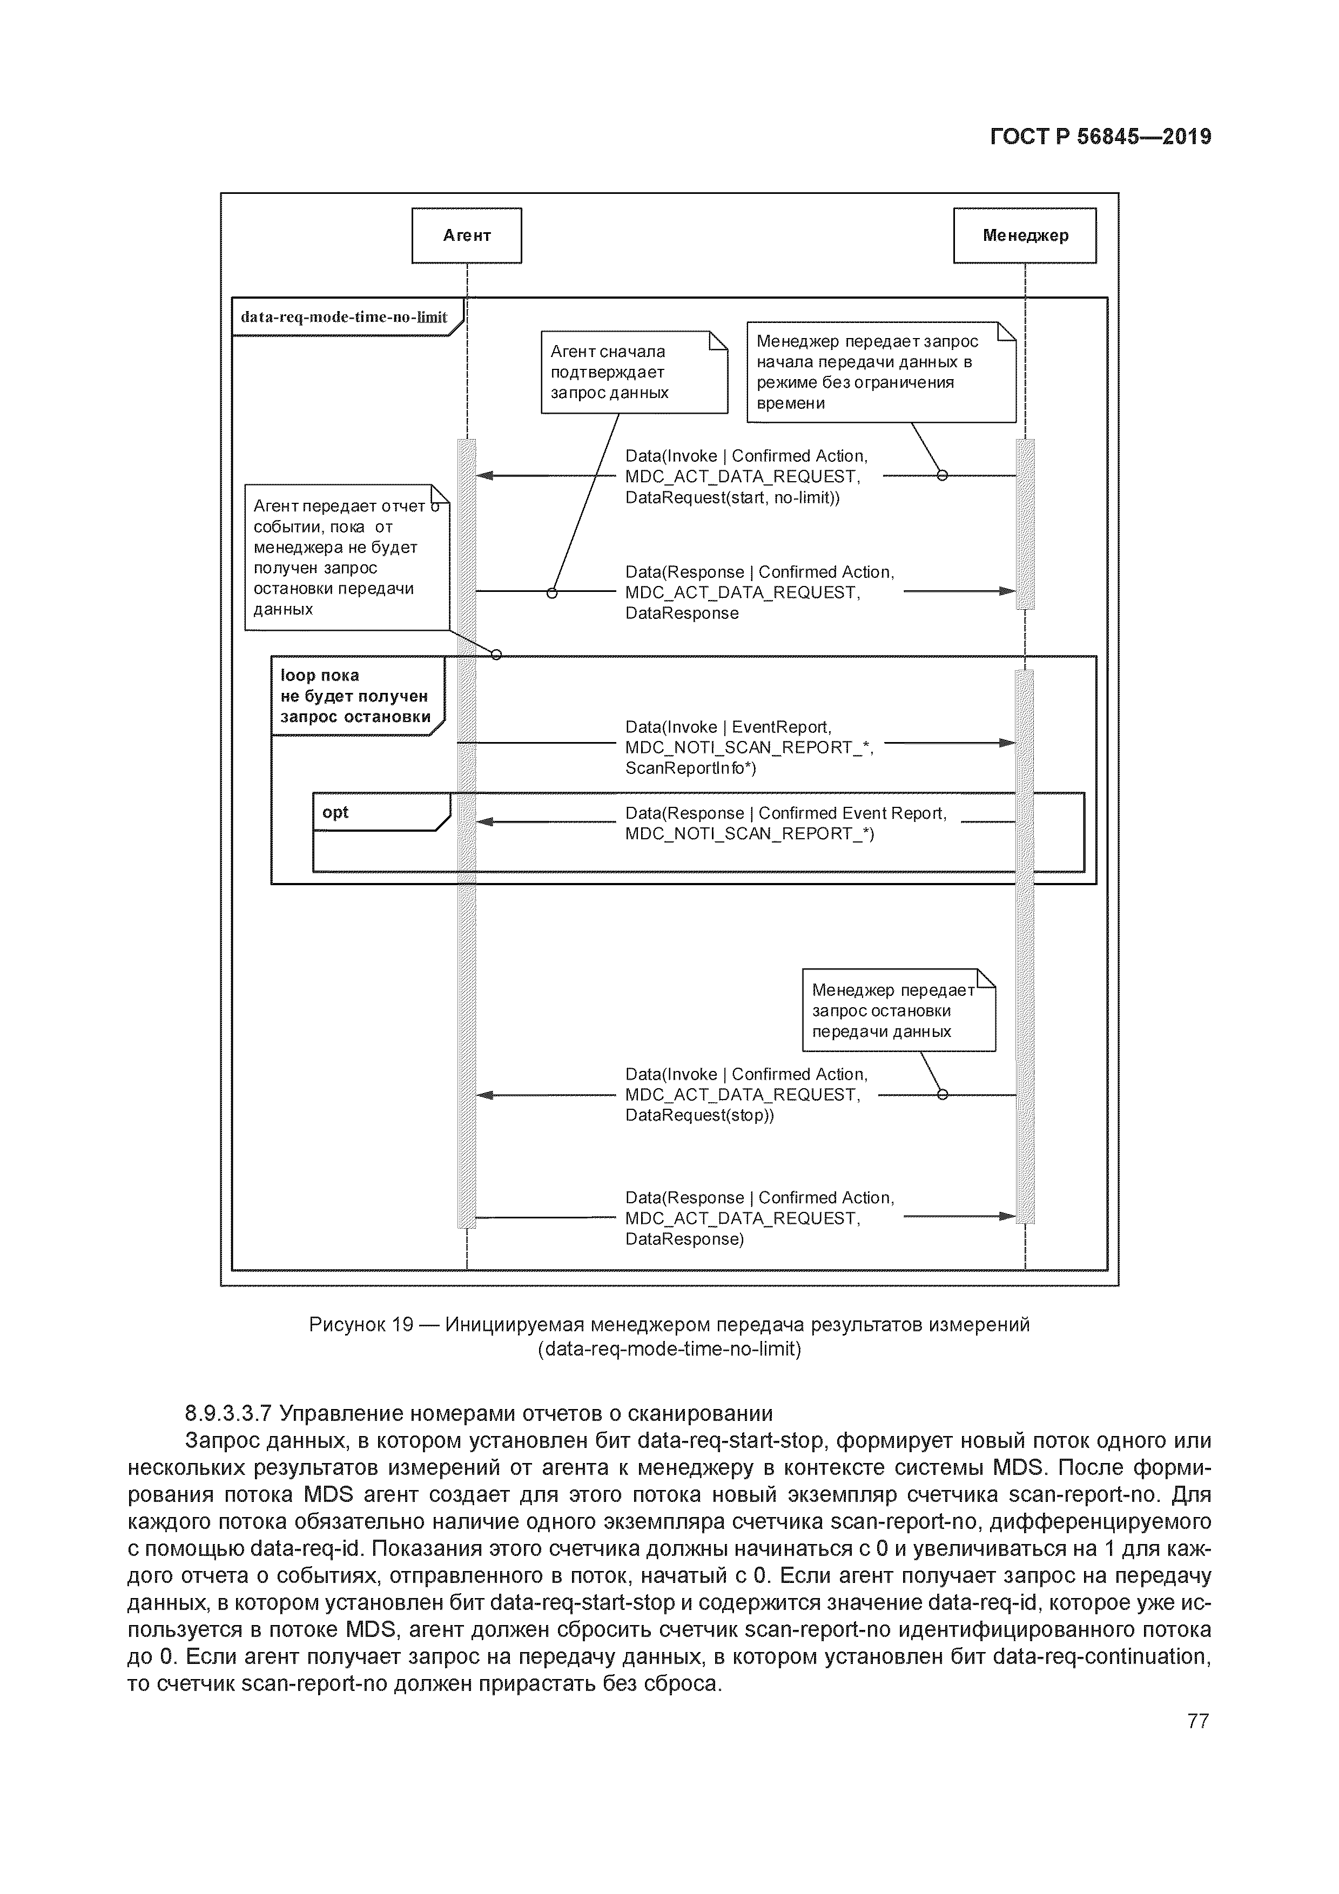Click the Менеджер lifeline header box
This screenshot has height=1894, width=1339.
1024,236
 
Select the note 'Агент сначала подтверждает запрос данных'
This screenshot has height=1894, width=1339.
634,372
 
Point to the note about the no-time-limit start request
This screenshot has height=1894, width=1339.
880,372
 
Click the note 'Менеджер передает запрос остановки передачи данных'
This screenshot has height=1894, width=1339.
898,1010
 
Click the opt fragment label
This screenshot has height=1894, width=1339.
336,813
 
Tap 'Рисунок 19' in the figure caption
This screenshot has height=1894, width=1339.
360,1325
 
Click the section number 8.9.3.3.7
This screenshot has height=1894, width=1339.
228,1414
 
